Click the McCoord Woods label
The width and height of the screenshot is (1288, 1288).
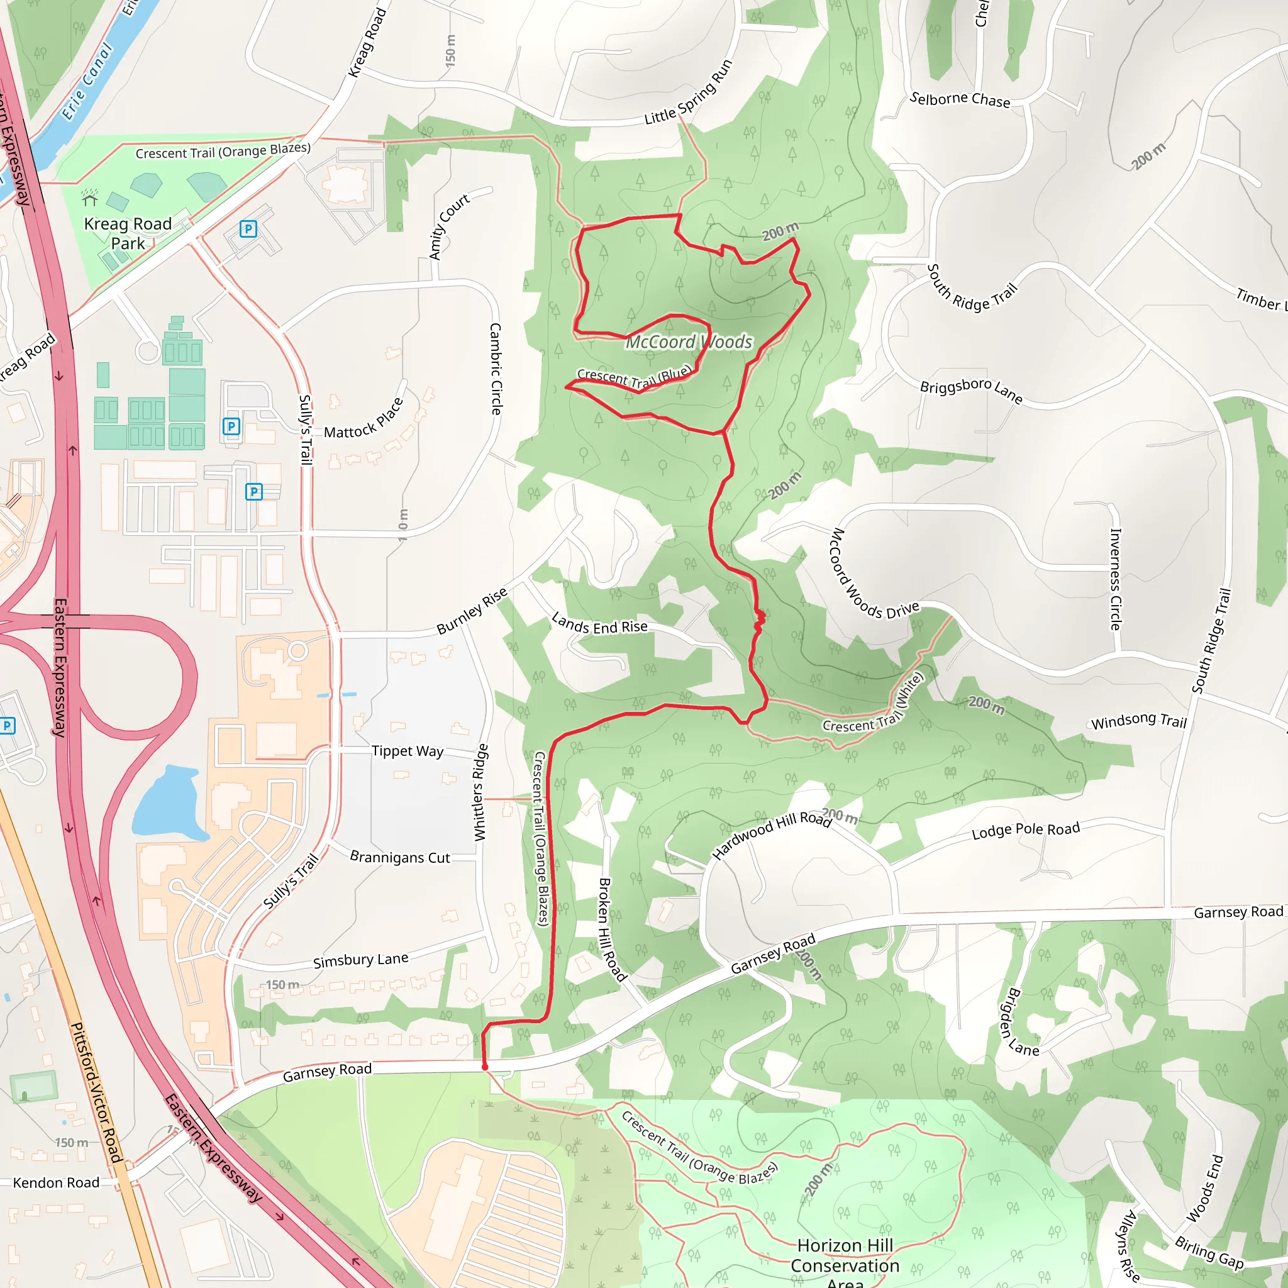689,342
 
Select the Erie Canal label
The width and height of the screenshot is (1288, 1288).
87,80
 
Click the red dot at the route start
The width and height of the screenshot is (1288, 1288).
485,1067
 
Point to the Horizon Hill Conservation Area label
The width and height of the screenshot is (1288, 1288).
845,1265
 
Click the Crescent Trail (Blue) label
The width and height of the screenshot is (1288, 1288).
635,378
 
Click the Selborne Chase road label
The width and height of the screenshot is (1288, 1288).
959,99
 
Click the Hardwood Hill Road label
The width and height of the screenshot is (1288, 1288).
771,835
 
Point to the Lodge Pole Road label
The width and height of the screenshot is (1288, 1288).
1025,830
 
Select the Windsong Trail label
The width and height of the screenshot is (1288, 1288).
1139,721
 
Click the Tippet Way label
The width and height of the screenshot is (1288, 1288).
408,752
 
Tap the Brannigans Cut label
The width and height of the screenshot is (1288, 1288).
400,857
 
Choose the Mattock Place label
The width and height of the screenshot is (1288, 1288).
364,419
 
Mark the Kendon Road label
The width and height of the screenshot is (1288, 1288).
56,1183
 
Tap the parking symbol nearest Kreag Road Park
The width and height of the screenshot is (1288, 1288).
248,230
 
